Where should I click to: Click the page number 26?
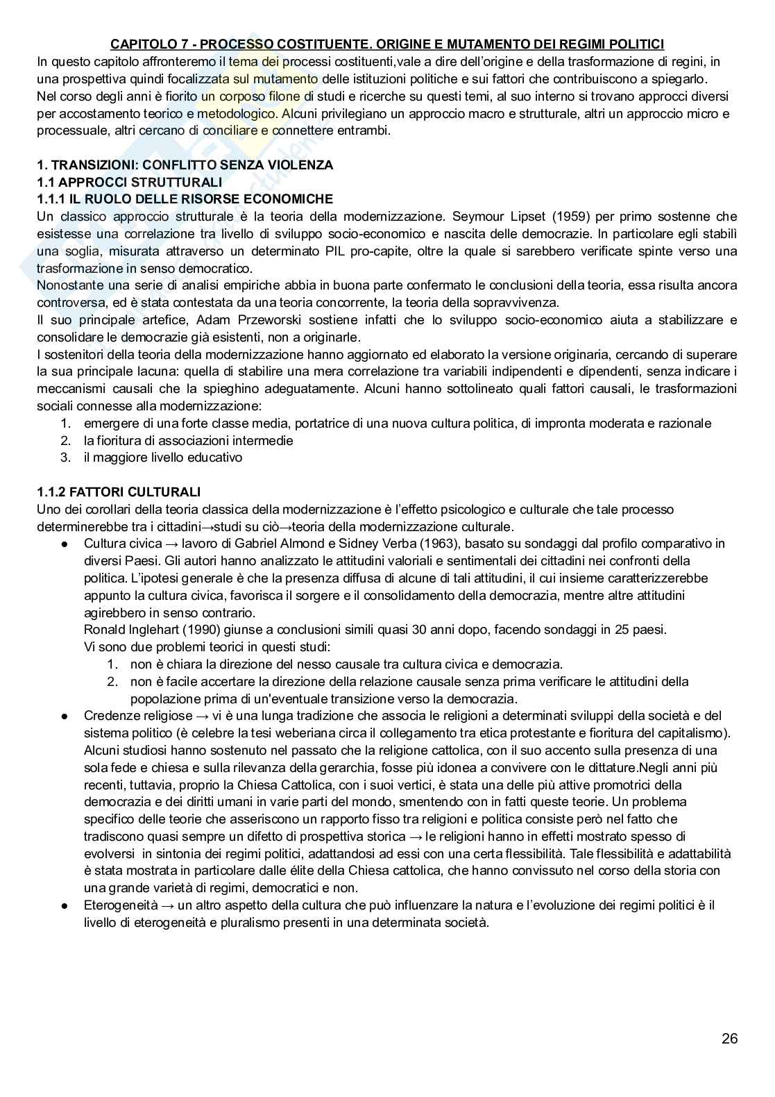pyautogui.click(x=729, y=1039)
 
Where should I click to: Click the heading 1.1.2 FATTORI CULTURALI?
pyautogui.click(x=119, y=492)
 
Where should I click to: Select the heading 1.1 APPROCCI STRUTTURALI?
pyautogui.click(x=129, y=183)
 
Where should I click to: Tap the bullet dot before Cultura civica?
pyautogui.click(x=64, y=544)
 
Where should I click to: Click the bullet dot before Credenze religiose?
pyautogui.click(x=64, y=716)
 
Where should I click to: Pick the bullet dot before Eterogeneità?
pyautogui.click(x=64, y=905)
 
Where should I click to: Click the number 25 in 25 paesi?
pyautogui.click(x=620, y=630)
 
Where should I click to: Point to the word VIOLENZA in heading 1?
pyautogui.click(x=303, y=165)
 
